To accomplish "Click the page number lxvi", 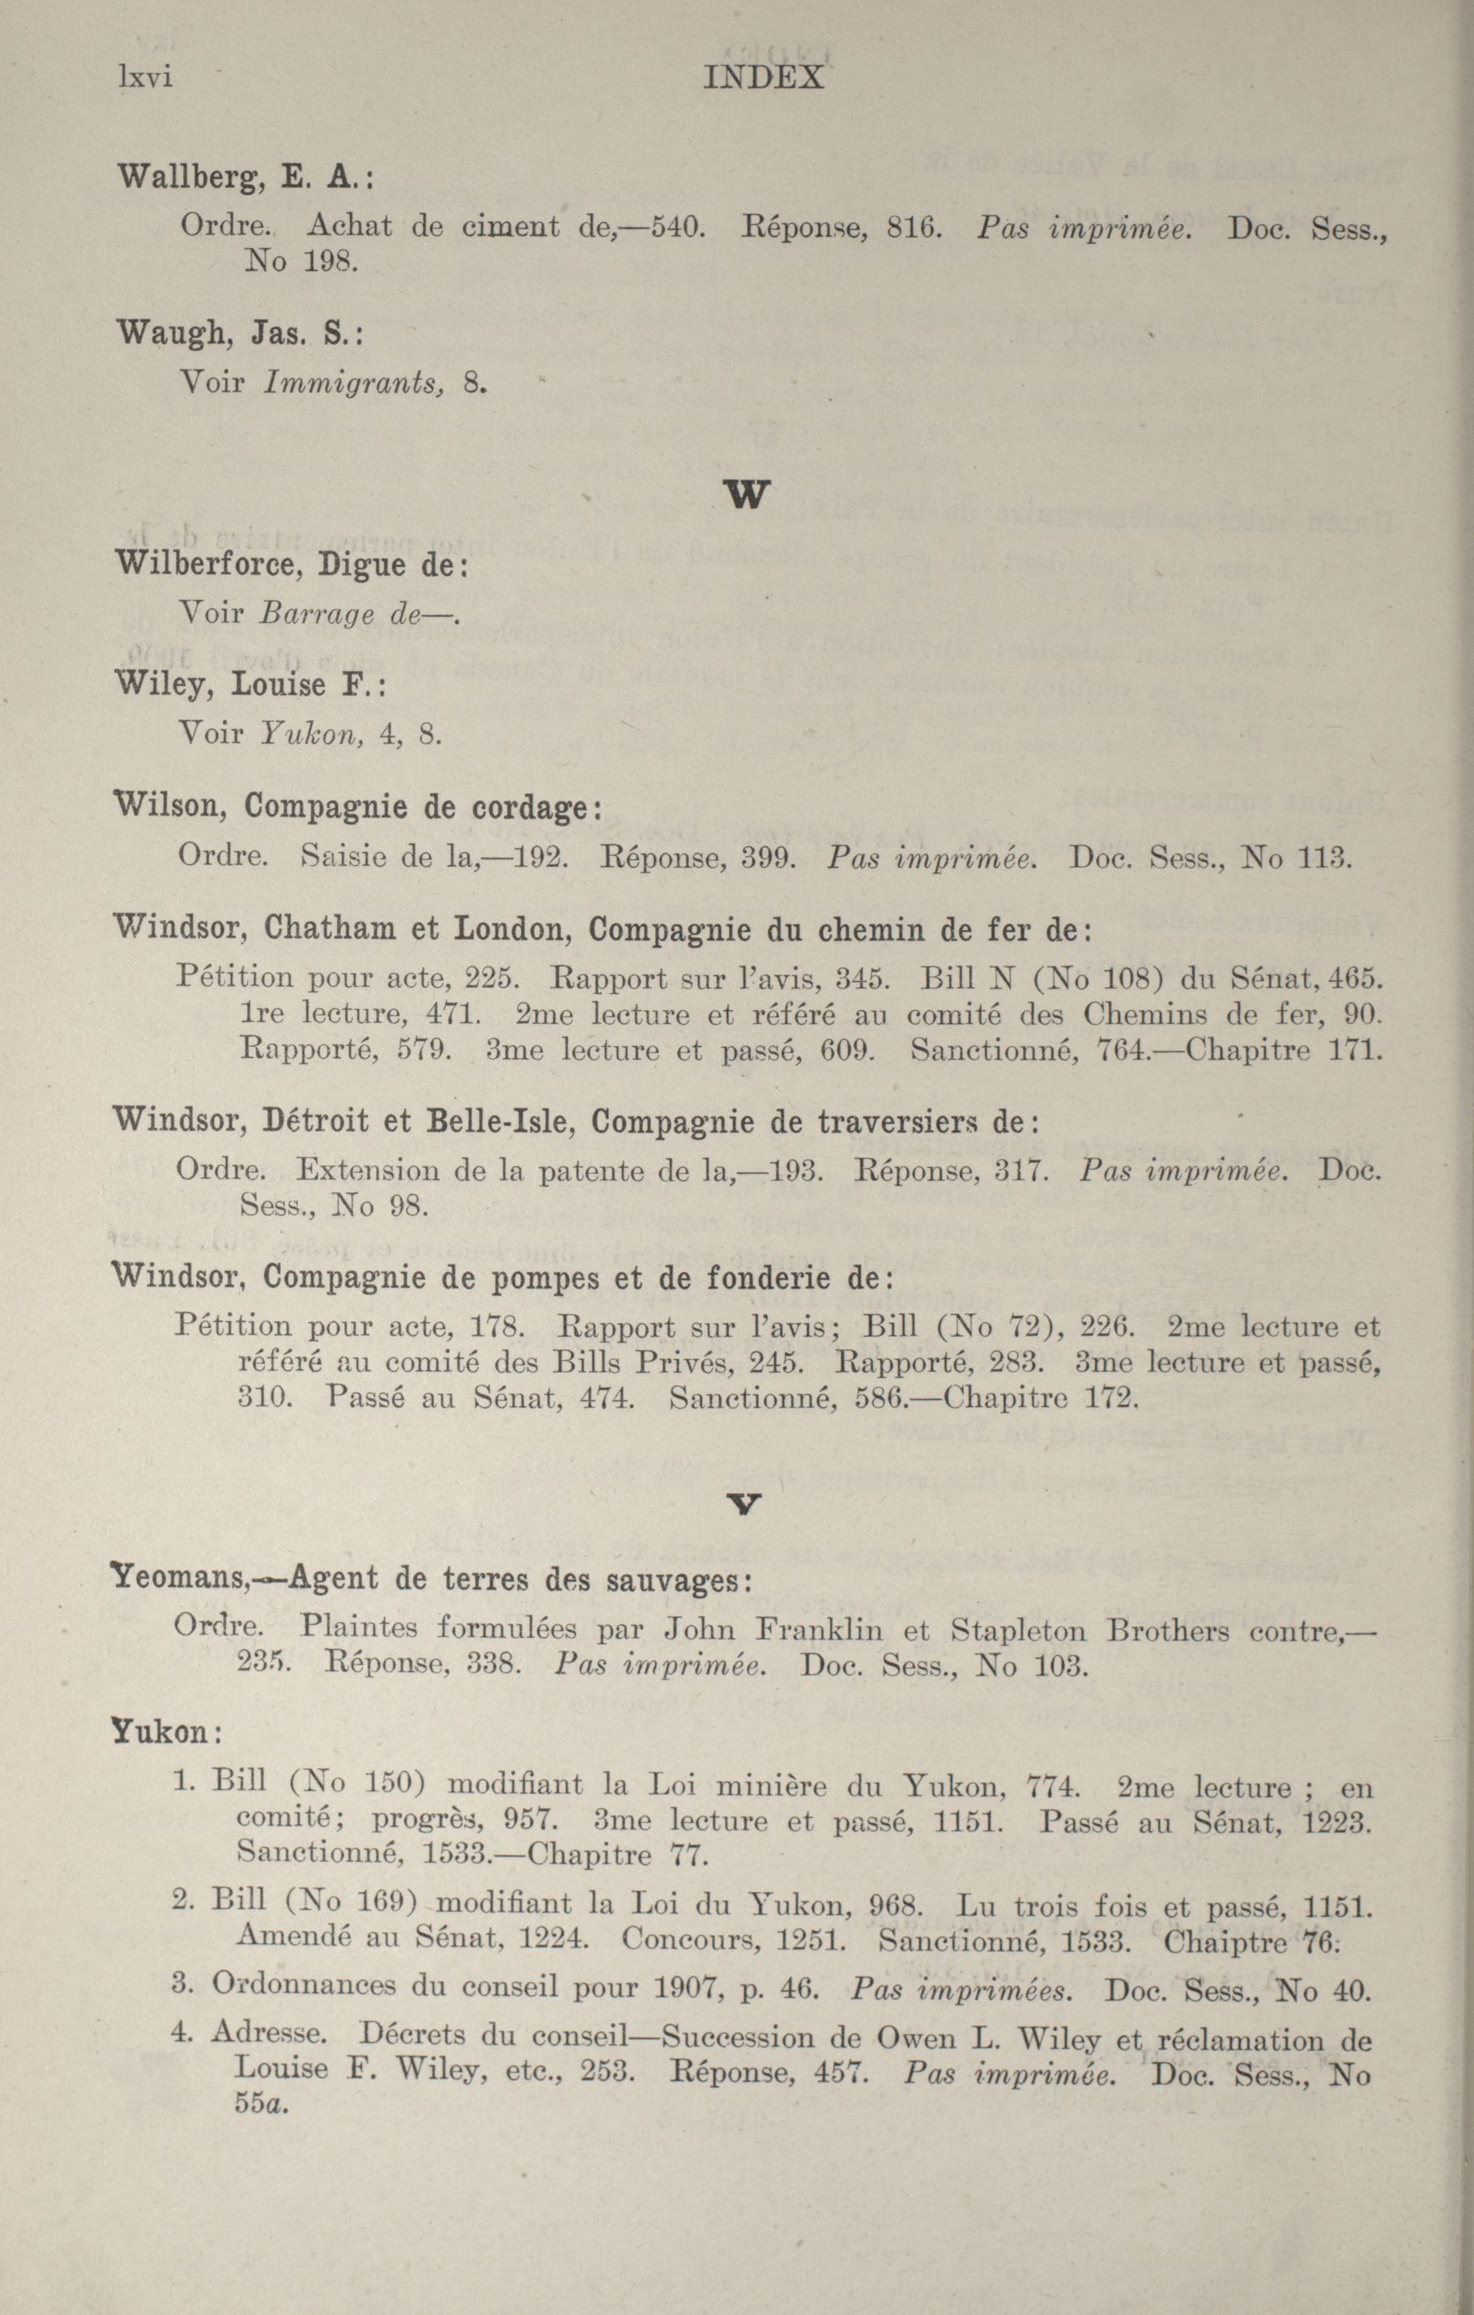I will coord(144,77).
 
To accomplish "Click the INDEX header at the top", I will coord(764,77).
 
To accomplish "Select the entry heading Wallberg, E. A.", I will coord(245,178).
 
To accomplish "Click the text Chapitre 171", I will coord(1284,1049).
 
